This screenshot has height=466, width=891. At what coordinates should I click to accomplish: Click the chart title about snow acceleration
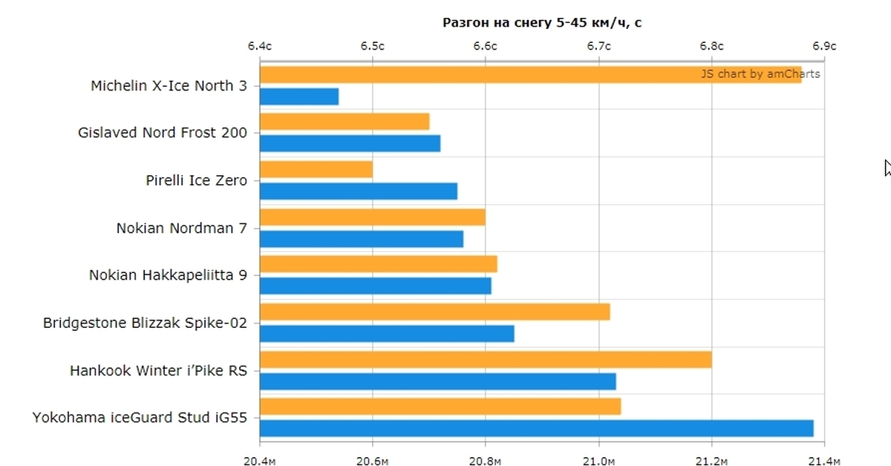coord(542,22)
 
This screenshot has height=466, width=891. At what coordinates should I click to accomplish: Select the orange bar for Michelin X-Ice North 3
coord(475,74)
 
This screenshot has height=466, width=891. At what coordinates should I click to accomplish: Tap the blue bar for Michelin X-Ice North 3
coord(299,96)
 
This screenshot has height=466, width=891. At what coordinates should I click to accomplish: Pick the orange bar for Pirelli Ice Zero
coord(316,169)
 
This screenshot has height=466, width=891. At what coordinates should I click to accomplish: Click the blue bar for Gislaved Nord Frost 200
coord(350,143)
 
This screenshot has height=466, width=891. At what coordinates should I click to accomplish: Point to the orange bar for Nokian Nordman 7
coord(372,217)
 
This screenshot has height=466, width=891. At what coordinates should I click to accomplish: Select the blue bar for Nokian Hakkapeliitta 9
coord(375,286)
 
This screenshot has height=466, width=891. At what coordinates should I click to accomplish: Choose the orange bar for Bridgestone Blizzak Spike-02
coord(434,312)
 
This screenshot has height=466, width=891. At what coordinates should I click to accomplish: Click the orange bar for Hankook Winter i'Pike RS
coord(486,359)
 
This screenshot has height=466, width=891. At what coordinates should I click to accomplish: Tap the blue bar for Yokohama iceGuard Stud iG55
coord(536,428)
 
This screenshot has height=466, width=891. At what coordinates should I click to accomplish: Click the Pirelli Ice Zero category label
coord(197,180)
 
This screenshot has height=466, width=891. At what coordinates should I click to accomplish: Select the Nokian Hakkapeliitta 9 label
coord(168,275)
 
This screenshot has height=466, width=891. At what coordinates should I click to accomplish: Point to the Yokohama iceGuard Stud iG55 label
coord(140,418)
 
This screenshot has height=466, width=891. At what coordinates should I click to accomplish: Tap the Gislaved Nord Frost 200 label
coord(163,133)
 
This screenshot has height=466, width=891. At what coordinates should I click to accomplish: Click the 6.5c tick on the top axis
coord(372,46)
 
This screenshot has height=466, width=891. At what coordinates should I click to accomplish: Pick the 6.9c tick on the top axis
coord(824,46)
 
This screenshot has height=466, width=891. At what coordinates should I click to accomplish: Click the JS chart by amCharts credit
coord(760,73)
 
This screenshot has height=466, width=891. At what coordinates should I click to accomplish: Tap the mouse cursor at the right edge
coord(887,168)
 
